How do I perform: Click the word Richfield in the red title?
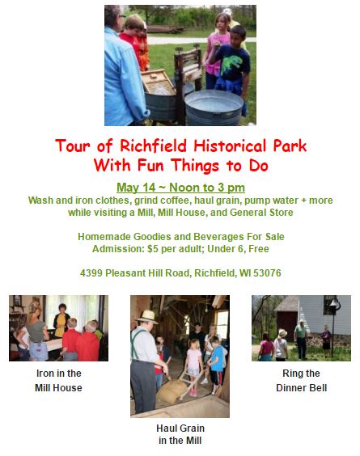coord(153,146)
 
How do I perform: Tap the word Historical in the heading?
coord(231,146)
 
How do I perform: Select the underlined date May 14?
coord(136,188)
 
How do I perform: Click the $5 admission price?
coord(153,249)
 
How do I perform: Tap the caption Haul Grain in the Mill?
coord(180,434)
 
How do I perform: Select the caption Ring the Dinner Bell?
coord(301,380)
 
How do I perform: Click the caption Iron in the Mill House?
coord(58,380)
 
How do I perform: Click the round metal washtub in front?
coord(214,108)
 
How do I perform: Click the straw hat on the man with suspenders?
coord(147,317)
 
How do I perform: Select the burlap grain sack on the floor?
coord(172,391)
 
